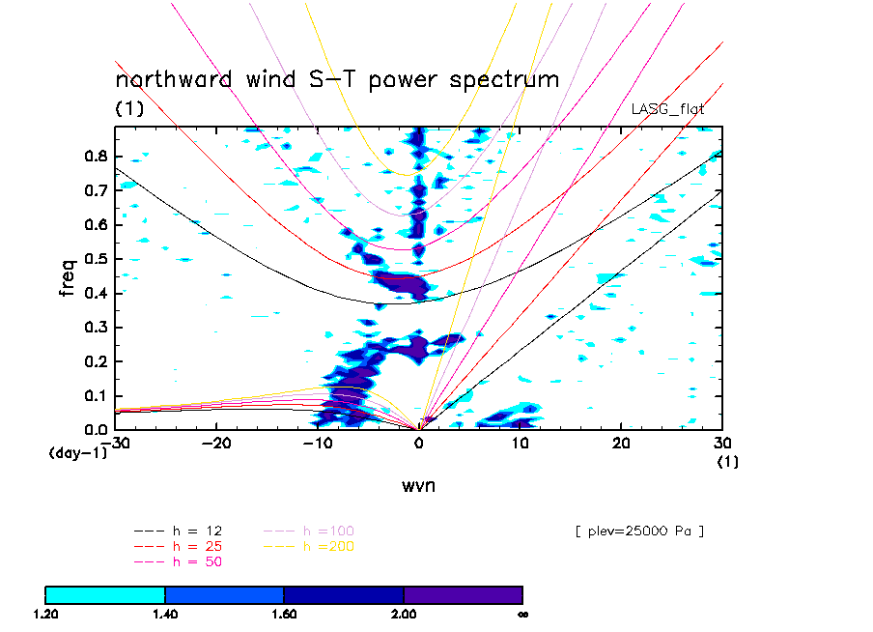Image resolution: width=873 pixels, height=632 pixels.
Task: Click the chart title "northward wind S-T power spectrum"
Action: pyautogui.click(x=337, y=80)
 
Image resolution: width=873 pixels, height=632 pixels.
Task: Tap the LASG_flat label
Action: pyautogui.click(x=667, y=109)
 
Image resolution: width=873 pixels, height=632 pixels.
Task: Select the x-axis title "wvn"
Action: pyautogui.click(x=418, y=485)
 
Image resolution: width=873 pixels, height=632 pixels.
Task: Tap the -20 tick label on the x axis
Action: pyautogui.click(x=215, y=443)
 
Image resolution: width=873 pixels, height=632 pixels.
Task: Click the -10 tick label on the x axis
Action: pyautogui.click(x=317, y=443)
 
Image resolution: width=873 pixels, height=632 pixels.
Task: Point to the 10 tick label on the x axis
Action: pyautogui.click(x=520, y=443)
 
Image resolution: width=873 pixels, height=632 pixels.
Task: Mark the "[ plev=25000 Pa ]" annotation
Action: pyautogui.click(x=638, y=531)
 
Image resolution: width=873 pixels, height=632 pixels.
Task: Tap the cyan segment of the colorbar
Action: pyautogui.click(x=105, y=594)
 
